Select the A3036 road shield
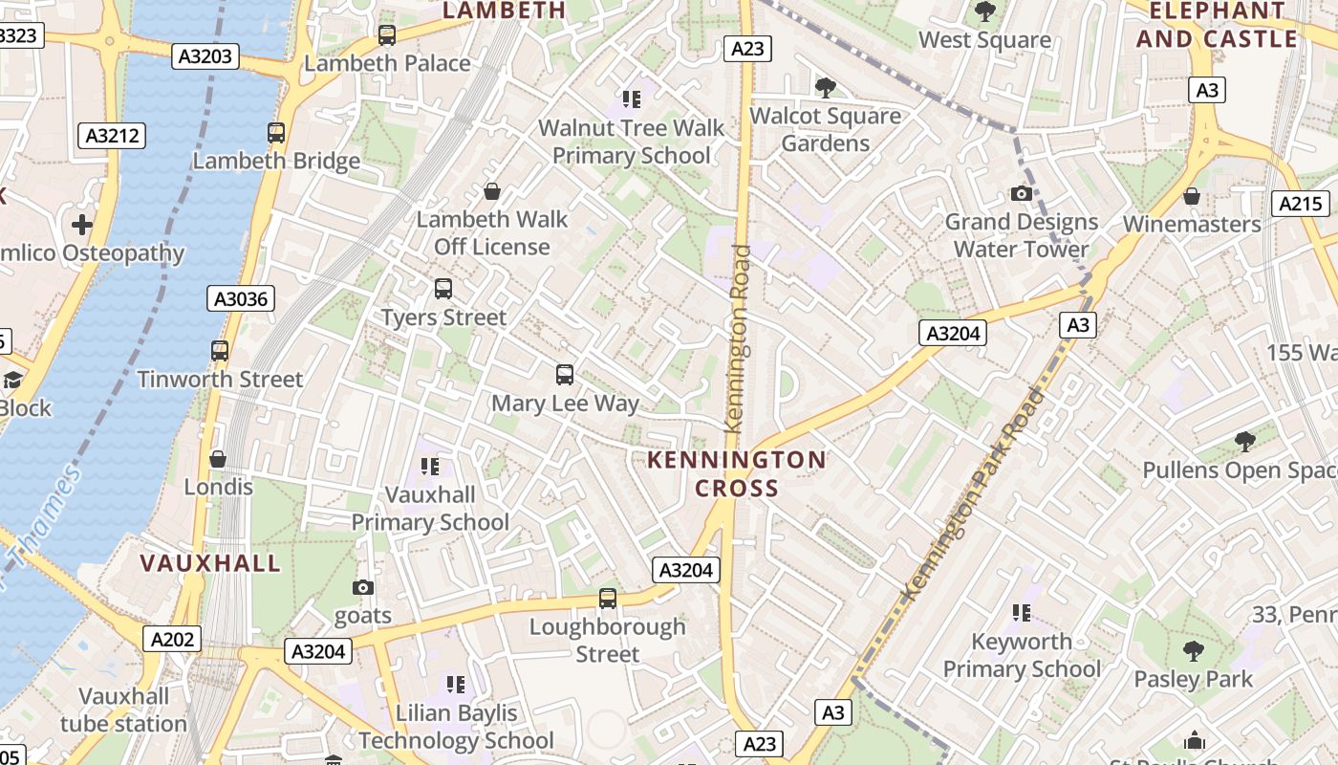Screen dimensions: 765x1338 [241, 299]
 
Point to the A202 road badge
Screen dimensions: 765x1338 [173, 639]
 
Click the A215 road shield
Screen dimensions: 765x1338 [1301, 203]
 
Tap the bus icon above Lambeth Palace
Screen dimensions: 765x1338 [387, 35]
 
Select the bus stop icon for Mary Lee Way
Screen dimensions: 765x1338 [565, 375]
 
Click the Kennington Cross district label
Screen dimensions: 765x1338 [737, 473]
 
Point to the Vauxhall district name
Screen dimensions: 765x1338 [211, 562]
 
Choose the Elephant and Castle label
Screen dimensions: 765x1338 [1217, 25]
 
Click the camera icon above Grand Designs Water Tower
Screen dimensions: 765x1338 [1022, 194]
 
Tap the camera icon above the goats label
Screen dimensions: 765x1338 [363, 587]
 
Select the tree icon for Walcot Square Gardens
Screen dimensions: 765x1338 [826, 88]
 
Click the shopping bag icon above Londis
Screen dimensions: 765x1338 [218, 459]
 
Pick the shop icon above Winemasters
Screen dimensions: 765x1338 [1192, 196]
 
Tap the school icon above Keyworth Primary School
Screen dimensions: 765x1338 [1022, 612]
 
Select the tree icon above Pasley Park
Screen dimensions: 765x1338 [1193, 651]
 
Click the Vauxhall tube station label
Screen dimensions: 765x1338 [124, 710]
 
